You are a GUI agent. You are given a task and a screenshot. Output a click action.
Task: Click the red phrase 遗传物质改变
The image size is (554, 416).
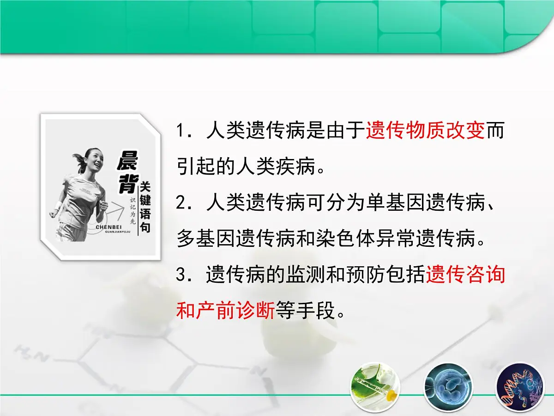[x=425, y=131]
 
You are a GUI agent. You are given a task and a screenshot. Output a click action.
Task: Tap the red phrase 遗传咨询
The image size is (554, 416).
[x=466, y=275]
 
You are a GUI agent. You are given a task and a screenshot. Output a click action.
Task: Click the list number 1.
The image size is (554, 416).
[x=181, y=132]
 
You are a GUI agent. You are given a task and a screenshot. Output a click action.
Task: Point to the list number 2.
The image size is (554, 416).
[x=181, y=203]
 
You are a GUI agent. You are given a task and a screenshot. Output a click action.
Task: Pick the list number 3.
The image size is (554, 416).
[x=181, y=276]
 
